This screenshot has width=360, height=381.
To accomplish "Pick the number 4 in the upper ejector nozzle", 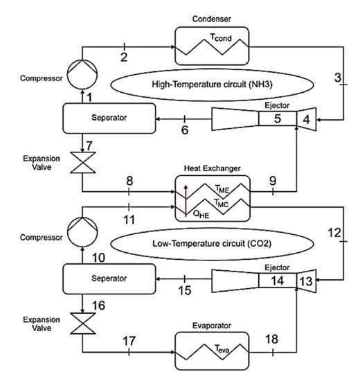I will [304, 119].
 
